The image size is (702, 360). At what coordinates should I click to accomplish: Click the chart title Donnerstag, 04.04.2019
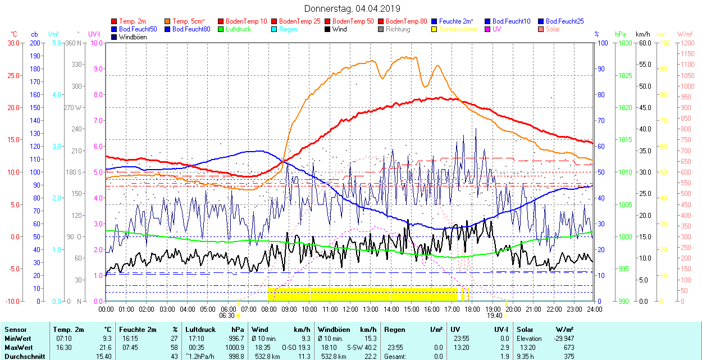pyautogui.click(x=352, y=8)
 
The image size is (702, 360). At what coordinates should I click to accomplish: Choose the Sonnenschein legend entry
pyautogui.click(x=458, y=29)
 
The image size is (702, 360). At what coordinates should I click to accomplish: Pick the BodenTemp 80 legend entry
pyautogui.click(x=407, y=21)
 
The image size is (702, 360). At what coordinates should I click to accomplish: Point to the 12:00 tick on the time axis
pyautogui.click(x=350, y=309)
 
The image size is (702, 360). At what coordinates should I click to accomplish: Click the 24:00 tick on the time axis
pyautogui.click(x=595, y=309)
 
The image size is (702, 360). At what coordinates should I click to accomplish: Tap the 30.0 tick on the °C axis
pyautogui.click(x=12, y=43)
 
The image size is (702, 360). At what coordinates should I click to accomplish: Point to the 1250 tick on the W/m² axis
pyautogui.click(x=686, y=43)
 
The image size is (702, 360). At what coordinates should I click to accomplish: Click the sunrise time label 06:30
pyautogui.click(x=227, y=316)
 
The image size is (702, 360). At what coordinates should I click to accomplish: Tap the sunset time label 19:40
pyautogui.click(x=494, y=316)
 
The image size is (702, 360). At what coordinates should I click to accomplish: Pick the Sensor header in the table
pyautogui.click(x=15, y=330)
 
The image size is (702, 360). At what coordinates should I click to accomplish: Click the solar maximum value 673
pyautogui.click(x=569, y=348)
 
